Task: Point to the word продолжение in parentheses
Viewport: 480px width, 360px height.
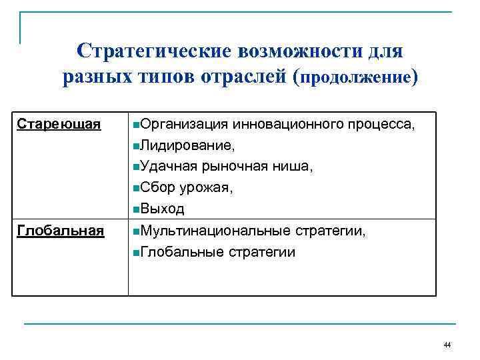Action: click(357, 79)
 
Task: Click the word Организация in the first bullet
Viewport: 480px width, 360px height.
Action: click(184, 124)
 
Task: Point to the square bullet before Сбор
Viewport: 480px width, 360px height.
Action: click(136, 189)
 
